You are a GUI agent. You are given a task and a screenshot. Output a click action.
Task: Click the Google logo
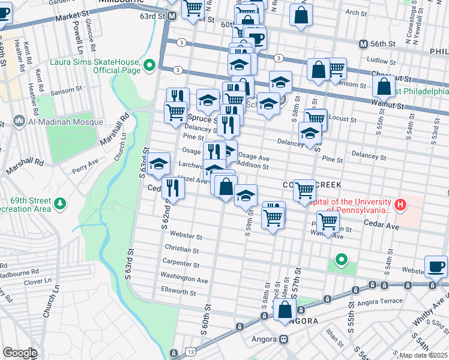click(x=20, y=353)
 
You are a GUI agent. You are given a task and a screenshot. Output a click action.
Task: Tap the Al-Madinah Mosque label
click(x=60, y=119)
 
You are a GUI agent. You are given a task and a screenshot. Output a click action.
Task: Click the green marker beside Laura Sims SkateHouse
click(x=150, y=65)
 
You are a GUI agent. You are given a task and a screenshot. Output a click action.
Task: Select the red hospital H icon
click(x=400, y=206)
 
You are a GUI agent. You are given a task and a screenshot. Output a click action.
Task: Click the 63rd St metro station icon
click(x=172, y=17)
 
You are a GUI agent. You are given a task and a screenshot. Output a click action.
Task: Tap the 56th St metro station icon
click(x=363, y=44)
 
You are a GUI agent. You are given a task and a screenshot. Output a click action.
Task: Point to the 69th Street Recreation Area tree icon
click(x=59, y=204)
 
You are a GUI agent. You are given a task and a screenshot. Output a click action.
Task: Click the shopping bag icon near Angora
click(x=285, y=310)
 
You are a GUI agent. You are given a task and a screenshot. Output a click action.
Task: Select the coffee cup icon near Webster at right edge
click(x=436, y=266)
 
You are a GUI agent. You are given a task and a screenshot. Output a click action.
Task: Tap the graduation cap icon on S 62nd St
click(x=158, y=163)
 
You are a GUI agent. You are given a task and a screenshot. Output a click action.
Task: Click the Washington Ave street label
click(x=184, y=279)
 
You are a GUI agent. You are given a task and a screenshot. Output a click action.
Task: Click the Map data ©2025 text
click(x=423, y=355)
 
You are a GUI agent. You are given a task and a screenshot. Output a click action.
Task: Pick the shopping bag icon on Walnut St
click(x=384, y=88)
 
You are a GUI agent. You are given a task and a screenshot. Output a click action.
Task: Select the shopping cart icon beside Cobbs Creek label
click(x=305, y=191)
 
